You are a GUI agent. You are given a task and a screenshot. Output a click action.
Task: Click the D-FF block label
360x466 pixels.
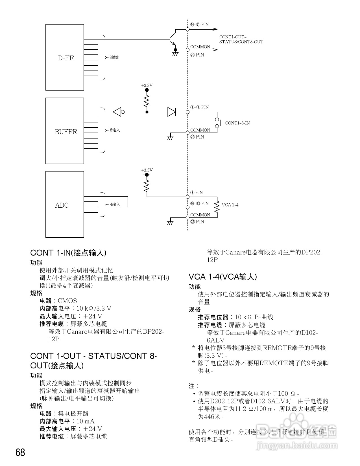[66, 58]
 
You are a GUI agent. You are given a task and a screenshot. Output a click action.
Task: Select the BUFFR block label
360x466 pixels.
[66, 132]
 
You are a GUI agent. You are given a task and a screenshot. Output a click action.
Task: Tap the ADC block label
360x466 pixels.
[62, 205]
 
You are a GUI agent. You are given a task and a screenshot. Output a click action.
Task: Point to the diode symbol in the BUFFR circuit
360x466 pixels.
[171, 112]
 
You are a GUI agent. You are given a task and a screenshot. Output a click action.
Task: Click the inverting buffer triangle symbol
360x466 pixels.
[117, 112]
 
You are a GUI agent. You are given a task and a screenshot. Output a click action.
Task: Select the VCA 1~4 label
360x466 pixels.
[230, 205]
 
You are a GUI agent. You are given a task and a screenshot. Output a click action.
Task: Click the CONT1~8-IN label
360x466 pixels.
[237, 123]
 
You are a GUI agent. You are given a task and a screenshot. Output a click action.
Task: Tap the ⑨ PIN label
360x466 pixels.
[197, 192]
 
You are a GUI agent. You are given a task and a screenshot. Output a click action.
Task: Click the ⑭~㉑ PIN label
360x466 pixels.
[199, 25]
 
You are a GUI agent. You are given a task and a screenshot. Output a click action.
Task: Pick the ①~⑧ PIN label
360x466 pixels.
[199, 107]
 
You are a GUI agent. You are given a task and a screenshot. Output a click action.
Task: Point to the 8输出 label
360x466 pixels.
[115, 58]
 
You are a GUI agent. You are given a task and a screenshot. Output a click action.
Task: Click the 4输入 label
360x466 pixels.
[115, 204]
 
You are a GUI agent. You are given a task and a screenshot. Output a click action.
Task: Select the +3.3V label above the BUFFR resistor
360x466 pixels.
[147, 85]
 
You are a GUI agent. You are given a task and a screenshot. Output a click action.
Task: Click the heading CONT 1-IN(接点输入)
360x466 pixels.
[68, 253]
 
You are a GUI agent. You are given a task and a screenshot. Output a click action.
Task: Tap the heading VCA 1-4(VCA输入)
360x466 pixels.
[223, 277]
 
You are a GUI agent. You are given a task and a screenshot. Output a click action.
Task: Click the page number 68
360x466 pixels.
[20, 452]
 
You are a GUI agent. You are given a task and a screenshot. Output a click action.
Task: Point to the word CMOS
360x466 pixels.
[67, 301]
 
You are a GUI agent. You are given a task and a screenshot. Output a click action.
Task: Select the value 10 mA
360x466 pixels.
[85, 421]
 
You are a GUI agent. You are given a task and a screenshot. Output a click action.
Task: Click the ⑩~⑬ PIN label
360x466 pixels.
[199, 203]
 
